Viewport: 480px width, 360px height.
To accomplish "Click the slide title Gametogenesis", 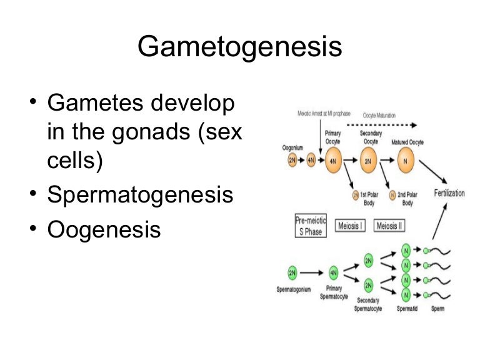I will pos(240,47).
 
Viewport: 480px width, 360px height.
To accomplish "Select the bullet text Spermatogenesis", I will pos(140,195).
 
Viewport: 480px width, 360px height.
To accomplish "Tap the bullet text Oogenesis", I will pos(104,229).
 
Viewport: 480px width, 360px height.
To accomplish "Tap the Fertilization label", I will pos(449,193).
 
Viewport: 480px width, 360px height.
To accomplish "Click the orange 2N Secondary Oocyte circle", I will pos(367,160).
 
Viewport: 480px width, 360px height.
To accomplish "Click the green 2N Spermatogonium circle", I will pos(292,272).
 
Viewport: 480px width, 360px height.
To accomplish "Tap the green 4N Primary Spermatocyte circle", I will pos(333,272).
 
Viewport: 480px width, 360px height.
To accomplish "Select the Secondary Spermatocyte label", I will pos(368,304).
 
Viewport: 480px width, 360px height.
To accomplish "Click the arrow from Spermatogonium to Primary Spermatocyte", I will pos(312,272).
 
